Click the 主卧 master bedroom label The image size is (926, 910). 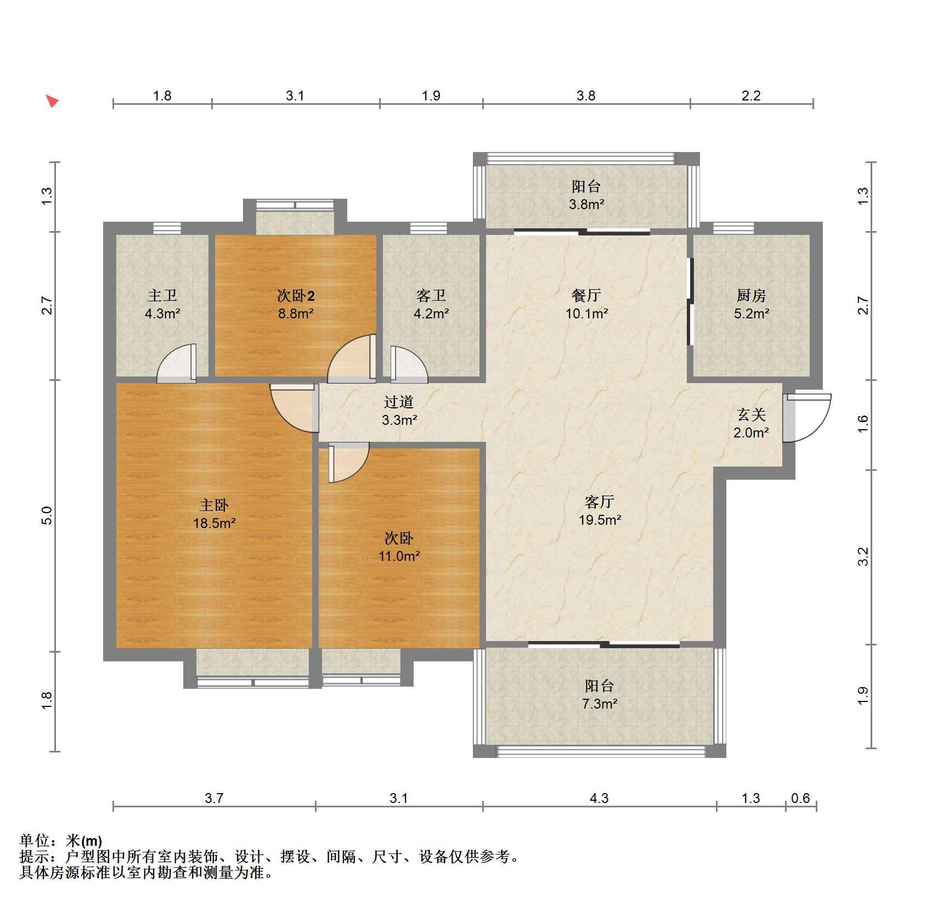click(x=214, y=505)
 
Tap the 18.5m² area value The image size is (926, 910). click(x=214, y=523)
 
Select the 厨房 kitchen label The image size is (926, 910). click(x=751, y=295)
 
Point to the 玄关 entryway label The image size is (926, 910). click(x=751, y=414)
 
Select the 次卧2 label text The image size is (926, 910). click(x=296, y=296)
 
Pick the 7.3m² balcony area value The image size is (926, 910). click(x=600, y=704)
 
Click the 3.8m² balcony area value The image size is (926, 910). click(x=586, y=205)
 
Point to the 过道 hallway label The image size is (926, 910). click(x=399, y=402)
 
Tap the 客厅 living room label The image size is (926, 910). click(x=600, y=502)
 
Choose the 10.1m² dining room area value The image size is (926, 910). click(x=586, y=313)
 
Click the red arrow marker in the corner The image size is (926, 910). click(x=52, y=101)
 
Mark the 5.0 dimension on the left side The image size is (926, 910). click(x=47, y=515)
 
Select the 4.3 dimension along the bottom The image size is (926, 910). click(x=599, y=798)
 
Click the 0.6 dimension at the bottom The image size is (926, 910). click(x=800, y=798)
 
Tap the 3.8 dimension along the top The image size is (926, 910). click(x=586, y=96)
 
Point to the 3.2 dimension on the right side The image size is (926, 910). click(x=863, y=557)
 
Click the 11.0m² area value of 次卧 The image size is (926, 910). click(x=399, y=556)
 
